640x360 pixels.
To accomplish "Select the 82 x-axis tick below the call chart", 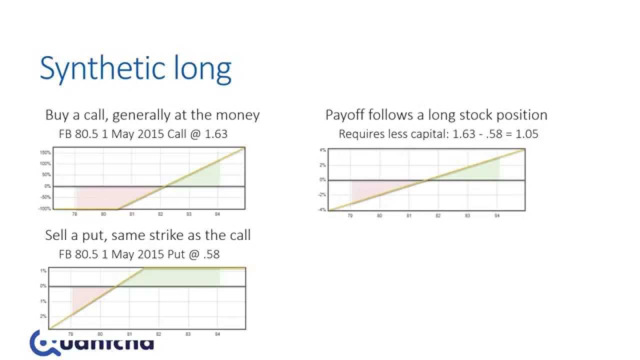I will pos(160,214).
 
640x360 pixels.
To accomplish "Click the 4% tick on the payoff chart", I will pos(322,150).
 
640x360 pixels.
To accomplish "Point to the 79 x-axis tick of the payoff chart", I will pos(350,215).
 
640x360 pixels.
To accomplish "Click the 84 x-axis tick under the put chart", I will pos(217,333).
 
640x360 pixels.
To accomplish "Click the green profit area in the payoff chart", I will pos(480,170).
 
